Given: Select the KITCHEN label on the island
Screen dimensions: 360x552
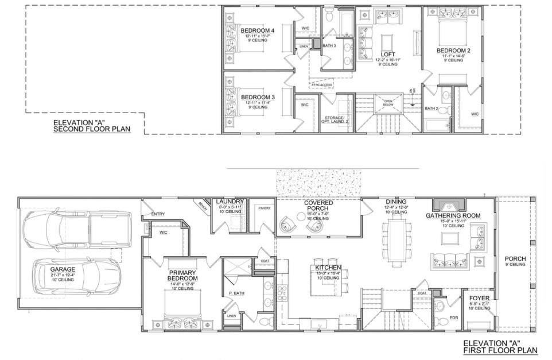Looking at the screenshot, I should click(328, 268).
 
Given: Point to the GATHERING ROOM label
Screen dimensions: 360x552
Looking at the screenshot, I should click(453, 216).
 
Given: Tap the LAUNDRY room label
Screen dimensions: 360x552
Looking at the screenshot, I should click(230, 202).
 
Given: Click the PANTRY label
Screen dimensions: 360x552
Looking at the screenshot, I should click(264, 208).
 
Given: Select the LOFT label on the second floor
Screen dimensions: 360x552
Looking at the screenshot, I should click(388, 55).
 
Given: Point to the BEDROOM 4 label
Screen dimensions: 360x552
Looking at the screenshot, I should click(257, 30).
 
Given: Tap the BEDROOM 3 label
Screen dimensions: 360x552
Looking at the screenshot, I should click(257, 97).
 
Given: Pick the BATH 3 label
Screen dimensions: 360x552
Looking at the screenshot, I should click(329, 45).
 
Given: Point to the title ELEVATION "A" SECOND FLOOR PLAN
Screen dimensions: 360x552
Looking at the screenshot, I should click(91, 126).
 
